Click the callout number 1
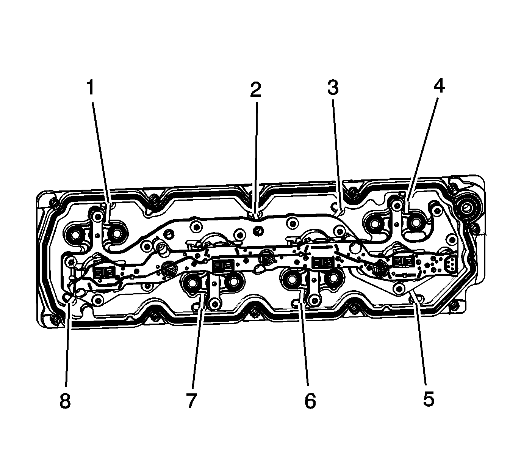[91, 88]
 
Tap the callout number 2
[255, 90]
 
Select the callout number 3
[333, 87]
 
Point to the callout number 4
[439, 85]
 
